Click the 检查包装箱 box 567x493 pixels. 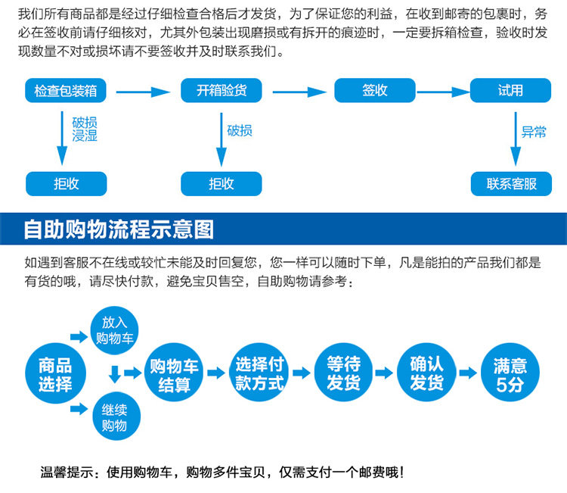tap(66, 91)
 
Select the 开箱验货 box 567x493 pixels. tap(221, 91)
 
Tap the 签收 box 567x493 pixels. tap(375, 91)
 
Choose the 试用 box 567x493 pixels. tap(510, 91)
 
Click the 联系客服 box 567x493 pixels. tap(511, 184)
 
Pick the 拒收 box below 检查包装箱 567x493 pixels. tap(66, 184)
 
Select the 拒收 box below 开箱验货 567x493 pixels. tap(221, 184)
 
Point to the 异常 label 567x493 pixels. tap(534, 132)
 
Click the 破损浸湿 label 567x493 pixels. tap(84, 129)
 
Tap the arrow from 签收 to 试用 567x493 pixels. tap(443, 92)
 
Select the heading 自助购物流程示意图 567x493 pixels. tap(119, 229)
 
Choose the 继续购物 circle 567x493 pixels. tap(114, 417)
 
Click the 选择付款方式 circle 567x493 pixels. tap(259, 373)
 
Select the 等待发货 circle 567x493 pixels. tap(343, 373)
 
